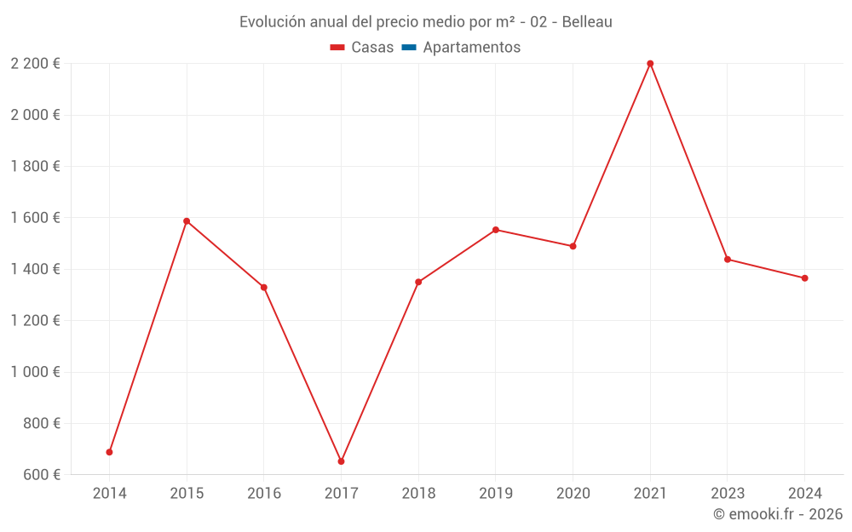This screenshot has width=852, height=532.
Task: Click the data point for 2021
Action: [x=650, y=64]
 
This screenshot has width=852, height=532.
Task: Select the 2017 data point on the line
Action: [x=341, y=461]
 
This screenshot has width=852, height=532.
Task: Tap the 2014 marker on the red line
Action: [x=109, y=452]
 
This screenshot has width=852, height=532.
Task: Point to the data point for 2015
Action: [x=187, y=221]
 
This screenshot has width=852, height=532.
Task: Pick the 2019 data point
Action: [x=496, y=230]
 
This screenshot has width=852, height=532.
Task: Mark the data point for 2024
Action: [x=804, y=278]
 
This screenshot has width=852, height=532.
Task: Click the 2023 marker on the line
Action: [x=728, y=260]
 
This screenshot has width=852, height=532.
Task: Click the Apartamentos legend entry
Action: [x=471, y=48]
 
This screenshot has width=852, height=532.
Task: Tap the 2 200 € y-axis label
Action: [x=35, y=64]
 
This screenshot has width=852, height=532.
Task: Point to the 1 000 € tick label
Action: [x=35, y=372]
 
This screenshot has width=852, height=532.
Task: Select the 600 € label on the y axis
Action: [x=41, y=475]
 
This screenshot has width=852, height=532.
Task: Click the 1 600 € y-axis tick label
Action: [x=35, y=218]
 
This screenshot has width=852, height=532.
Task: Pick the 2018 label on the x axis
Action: [x=418, y=493]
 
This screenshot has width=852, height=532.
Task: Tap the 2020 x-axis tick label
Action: [x=573, y=493]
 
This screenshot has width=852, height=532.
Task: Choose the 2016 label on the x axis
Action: [x=264, y=493]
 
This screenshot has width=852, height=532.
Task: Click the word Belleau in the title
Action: [x=586, y=22]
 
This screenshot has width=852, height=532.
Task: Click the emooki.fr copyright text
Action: [x=778, y=514]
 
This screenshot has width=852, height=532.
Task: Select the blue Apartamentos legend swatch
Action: [x=409, y=48]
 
